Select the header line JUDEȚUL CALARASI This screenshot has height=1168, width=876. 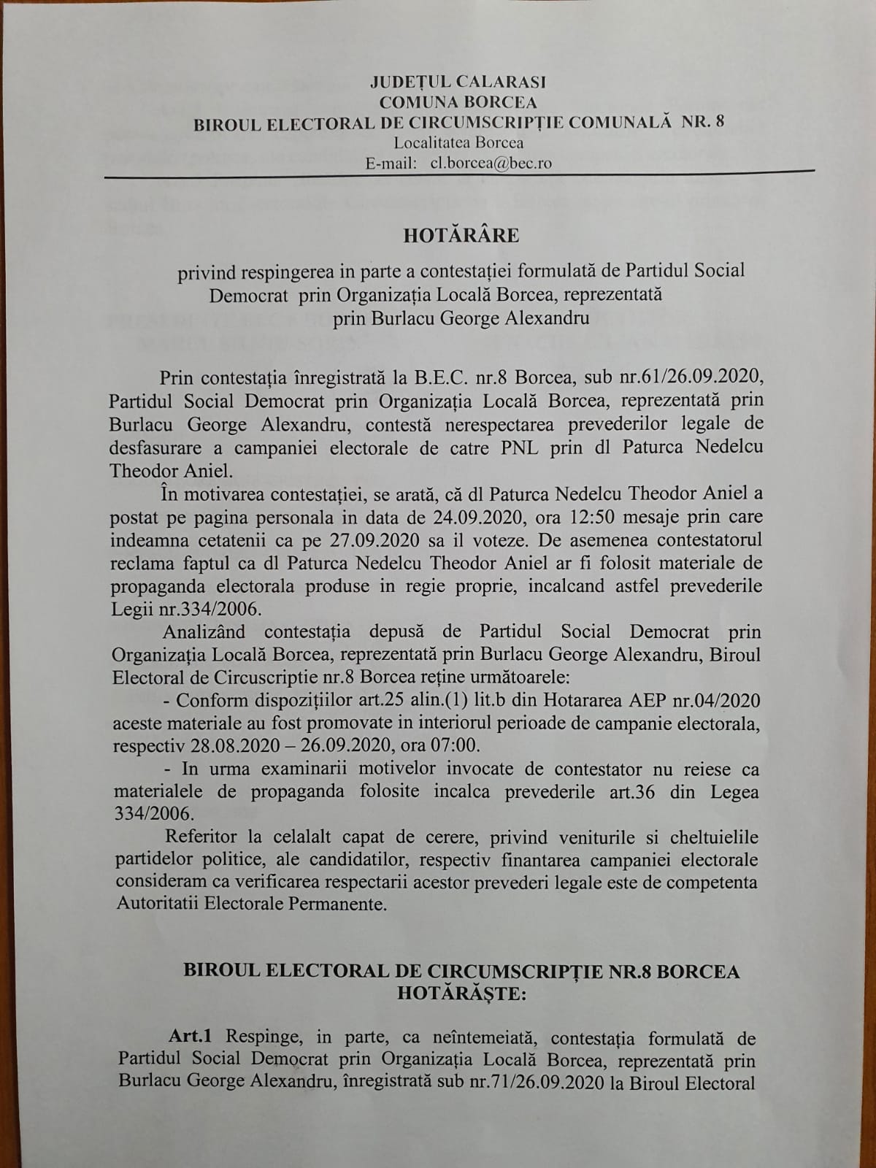point(458,82)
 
